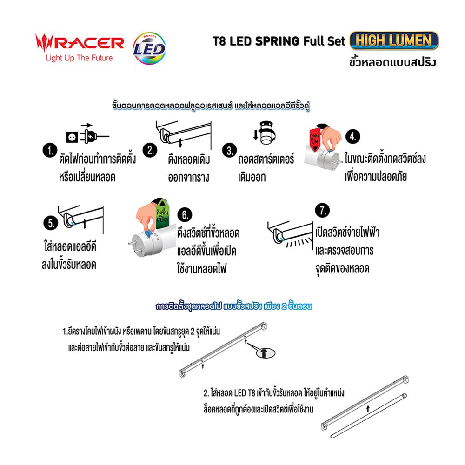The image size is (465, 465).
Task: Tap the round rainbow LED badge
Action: click(148, 47)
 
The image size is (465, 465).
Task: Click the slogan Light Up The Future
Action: click(78, 59)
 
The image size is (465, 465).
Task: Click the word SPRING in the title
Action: click(277, 41)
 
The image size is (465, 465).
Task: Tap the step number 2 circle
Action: click(151, 150)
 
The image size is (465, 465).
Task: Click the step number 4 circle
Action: click(353, 136)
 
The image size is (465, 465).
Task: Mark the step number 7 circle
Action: click(320, 210)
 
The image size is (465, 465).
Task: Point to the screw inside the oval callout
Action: click(265, 353)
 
